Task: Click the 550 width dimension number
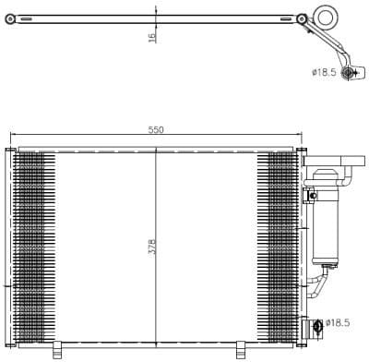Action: pyautogui.click(x=156, y=130)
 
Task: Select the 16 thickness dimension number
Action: pyautogui.click(x=151, y=36)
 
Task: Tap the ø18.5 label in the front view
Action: pyautogui.click(x=339, y=323)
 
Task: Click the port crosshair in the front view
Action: pyautogui.click(x=318, y=324)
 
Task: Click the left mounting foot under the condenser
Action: pyautogui.click(x=57, y=347)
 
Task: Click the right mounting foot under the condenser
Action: pyautogui.click(x=241, y=347)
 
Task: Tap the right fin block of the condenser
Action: pyautogui.click(x=280, y=245)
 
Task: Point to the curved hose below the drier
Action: pyautogui.click(x=318, y=281)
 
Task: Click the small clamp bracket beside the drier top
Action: pyautogui.click(x=312, y=195)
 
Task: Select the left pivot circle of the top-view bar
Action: pyautogui.click(x=11, y=18)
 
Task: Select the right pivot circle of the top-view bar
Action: pyautogui.click(x=303, y=18)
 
